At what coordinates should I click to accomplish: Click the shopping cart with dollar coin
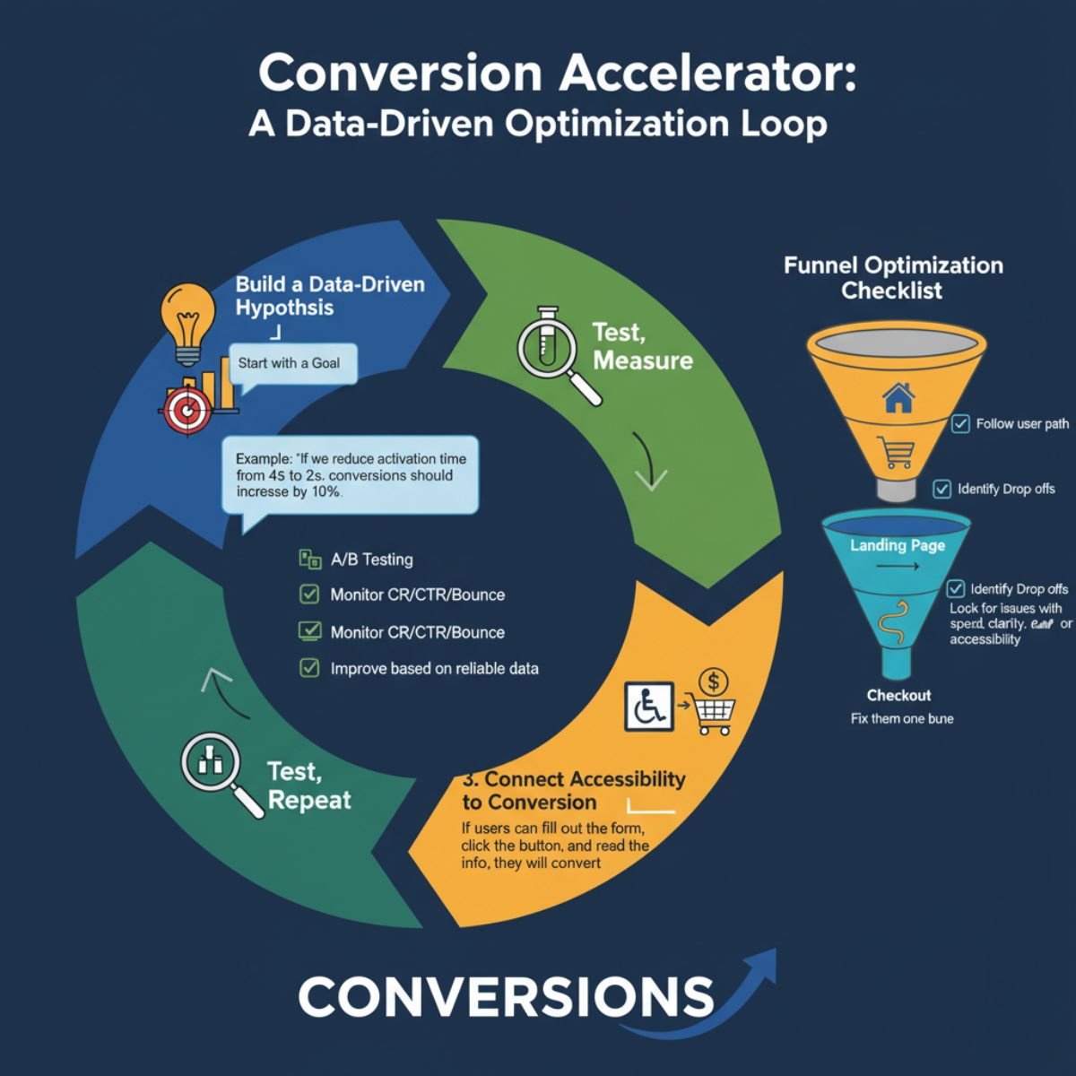coord(714,705)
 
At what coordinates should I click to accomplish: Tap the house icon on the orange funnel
coord(898,396)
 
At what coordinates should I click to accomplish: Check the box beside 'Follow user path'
coord(959,423)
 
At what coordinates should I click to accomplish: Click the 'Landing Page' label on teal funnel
coord(897,545)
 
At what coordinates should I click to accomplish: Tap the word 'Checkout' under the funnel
coord(898,695)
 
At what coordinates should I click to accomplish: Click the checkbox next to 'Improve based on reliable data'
coord(309,668)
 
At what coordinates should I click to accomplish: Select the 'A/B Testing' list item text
coord(371,560)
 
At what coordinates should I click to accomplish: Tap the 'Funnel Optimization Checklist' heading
coord(892,277)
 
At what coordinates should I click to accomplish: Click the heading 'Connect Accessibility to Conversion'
coord(574,790)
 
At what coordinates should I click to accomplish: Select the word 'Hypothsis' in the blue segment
coord(283,308)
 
